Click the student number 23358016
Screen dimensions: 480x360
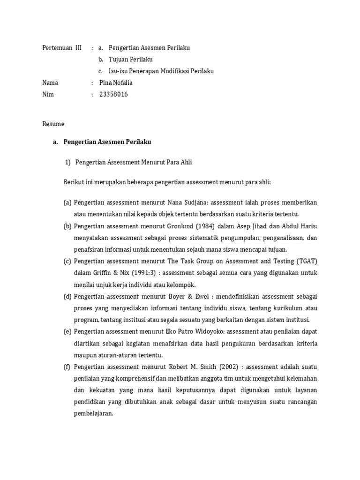click(x=113, y=94)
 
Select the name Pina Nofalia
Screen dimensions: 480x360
click(x=116, y=83)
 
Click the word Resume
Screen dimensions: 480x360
click(x=53, y=124)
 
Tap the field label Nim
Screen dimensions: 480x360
click(x=48, y=94)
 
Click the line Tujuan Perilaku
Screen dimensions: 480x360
click(x=130, y=60)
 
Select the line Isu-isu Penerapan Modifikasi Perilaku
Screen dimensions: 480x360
click(x=161, y=71)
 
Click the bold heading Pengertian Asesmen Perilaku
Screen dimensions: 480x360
click(x=107, y=142)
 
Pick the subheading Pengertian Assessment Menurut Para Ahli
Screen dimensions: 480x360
click(x=133, y=162)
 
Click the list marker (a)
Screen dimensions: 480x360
click(x=67, y=202)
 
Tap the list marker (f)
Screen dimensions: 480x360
click(x=67, y=367)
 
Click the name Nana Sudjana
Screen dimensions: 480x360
click(x=187, y=202)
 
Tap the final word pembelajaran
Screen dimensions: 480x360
click(x=93, y=413)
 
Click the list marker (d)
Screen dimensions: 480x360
click(x=67, y=296)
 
